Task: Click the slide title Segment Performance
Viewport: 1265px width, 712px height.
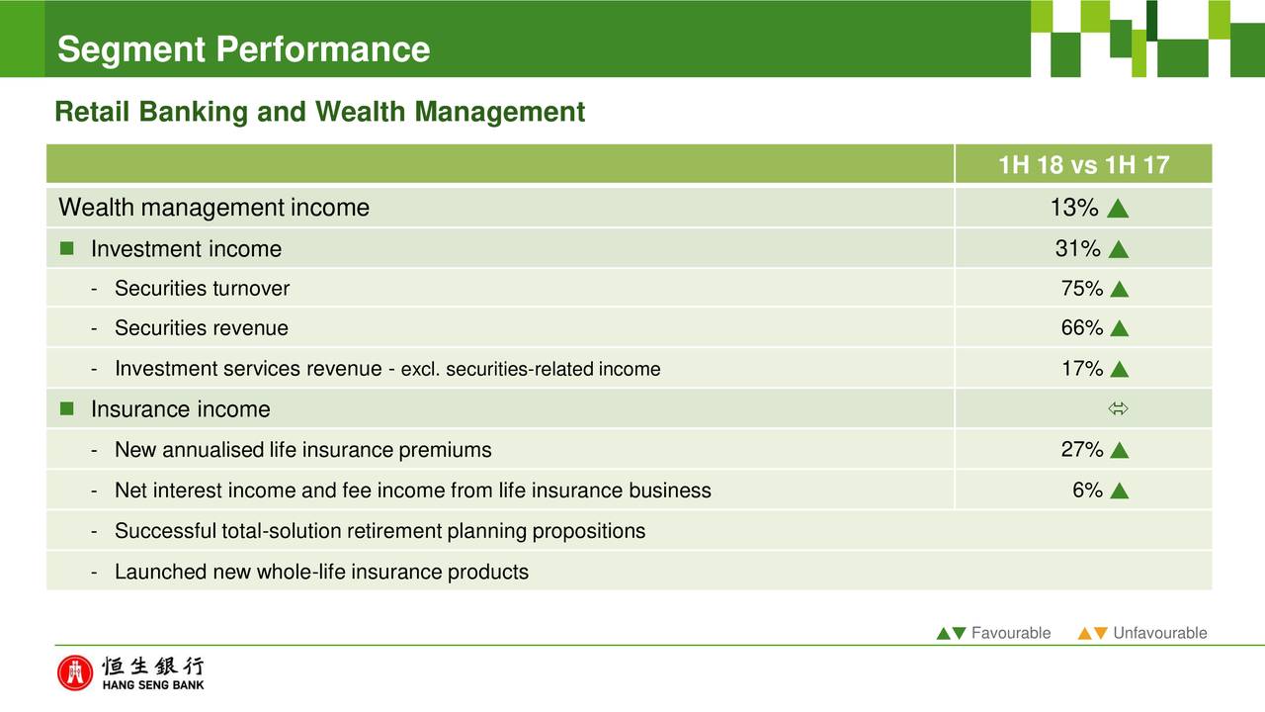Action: [243, 49]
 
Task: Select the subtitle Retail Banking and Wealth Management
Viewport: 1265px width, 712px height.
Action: [319, 112]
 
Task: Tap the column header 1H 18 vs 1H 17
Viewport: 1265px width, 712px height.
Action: [1083, 165]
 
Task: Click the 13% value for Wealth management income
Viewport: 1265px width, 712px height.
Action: [1074, 208]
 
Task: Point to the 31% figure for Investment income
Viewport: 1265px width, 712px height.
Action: [1077, 248]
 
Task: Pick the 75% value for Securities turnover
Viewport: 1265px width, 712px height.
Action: [1081, 288]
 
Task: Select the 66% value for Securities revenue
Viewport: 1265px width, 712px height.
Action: [1081, 327]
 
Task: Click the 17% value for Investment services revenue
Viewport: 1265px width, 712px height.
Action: [1082, 369]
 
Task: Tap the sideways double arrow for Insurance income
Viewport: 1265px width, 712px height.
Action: [1118, 408]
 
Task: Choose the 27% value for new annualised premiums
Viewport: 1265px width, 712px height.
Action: [1081, 449]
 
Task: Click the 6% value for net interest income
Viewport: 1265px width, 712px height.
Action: [1087, 489]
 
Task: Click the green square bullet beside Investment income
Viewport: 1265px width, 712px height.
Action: [66, 248]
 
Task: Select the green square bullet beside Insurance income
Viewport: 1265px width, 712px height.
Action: [66, 408]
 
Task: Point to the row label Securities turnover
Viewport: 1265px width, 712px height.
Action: [202, 288]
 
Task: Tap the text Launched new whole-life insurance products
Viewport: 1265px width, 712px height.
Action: [321, 572]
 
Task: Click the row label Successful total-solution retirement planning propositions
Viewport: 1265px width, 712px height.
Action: [379, 531]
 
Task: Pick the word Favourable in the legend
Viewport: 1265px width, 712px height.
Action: [1011, 633]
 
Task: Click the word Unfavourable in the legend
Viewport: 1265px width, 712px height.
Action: [1160, 633]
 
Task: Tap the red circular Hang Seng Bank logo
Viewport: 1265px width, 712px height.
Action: [74, 673]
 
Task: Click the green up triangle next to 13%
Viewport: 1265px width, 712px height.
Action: [1118, 209]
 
